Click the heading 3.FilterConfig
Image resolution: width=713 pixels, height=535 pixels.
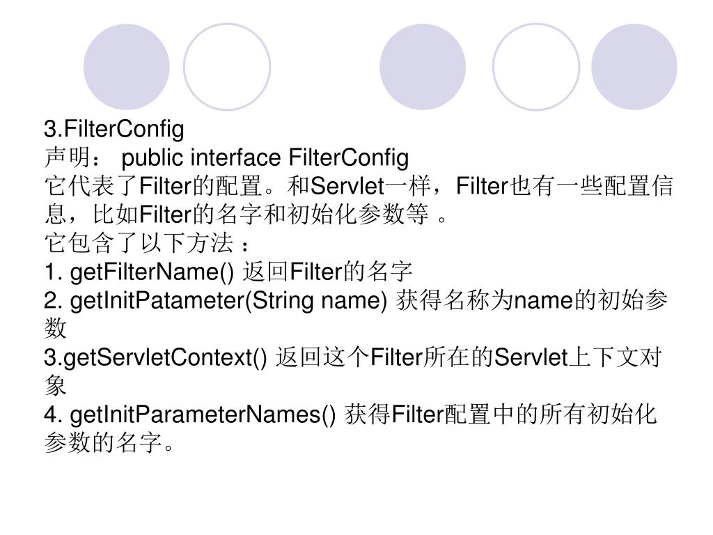click(114, 129)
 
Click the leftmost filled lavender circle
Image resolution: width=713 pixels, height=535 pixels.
click(127, 67)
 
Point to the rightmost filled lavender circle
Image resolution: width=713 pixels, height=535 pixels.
click(634, 67)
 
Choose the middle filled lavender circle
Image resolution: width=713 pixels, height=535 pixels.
click(423, 67)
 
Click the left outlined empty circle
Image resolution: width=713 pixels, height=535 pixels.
click(226, 67)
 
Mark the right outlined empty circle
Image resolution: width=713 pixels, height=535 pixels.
click(535, 67)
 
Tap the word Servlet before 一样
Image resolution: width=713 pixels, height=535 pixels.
click(347, 187)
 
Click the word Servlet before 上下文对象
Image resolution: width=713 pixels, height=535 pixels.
click(531, 357)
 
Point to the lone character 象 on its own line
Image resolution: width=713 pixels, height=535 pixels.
click(55, 385)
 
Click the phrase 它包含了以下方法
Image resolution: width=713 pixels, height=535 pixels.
click(138, 243)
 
